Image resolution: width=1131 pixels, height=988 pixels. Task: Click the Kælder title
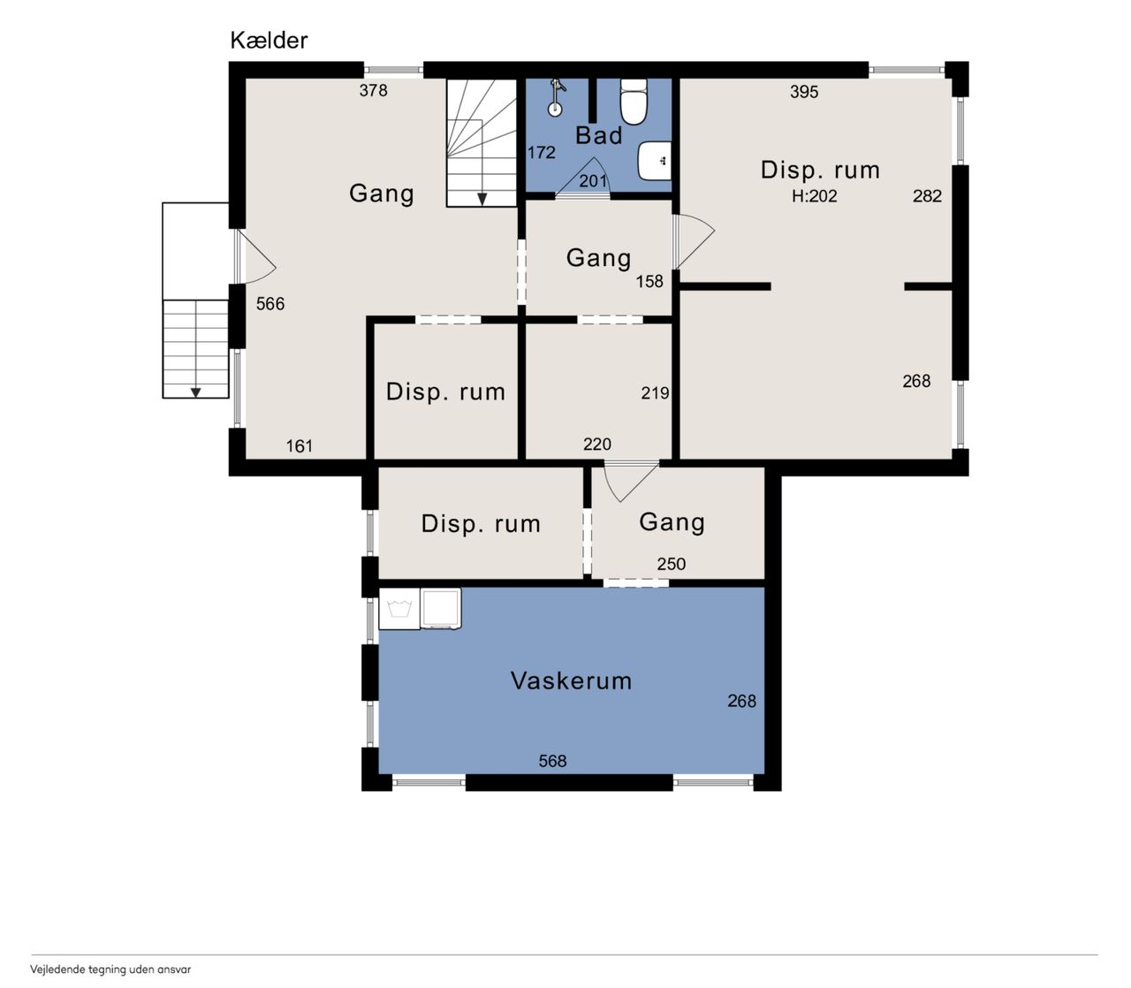tap(269, 41)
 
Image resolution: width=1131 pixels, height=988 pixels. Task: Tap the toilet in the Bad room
tap(634, 101)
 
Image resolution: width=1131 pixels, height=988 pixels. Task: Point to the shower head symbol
tap(557, 97)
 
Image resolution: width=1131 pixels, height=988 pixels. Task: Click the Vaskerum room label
tap(571, 680)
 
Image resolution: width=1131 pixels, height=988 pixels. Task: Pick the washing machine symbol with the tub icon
tap(399, 609)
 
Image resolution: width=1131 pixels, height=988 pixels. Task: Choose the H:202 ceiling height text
tap(815, 195)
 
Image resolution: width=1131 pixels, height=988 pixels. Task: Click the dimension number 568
tap(552, 761)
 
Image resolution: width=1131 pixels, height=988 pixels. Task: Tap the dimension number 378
tap(373, 90)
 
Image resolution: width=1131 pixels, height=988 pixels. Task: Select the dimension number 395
tap(804, 92)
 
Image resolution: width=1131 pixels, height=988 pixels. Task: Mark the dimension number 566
tap(270, 303)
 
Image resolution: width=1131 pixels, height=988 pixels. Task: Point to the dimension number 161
tap(299, 445)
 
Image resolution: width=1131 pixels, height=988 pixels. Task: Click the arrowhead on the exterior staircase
tap(195, 392)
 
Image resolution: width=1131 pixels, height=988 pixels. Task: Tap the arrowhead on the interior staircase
tap(482, 200)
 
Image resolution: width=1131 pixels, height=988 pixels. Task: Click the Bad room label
tap(599, 135)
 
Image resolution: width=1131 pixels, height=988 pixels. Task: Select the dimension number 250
tap(671, 564)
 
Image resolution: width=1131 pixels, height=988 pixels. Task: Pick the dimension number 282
tap(927, 195)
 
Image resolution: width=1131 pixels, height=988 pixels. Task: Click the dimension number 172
tap(541, 152)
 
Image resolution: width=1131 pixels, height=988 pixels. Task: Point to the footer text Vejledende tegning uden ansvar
tap(110, 969)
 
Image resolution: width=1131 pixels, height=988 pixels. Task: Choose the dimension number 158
tap(649, 281)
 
